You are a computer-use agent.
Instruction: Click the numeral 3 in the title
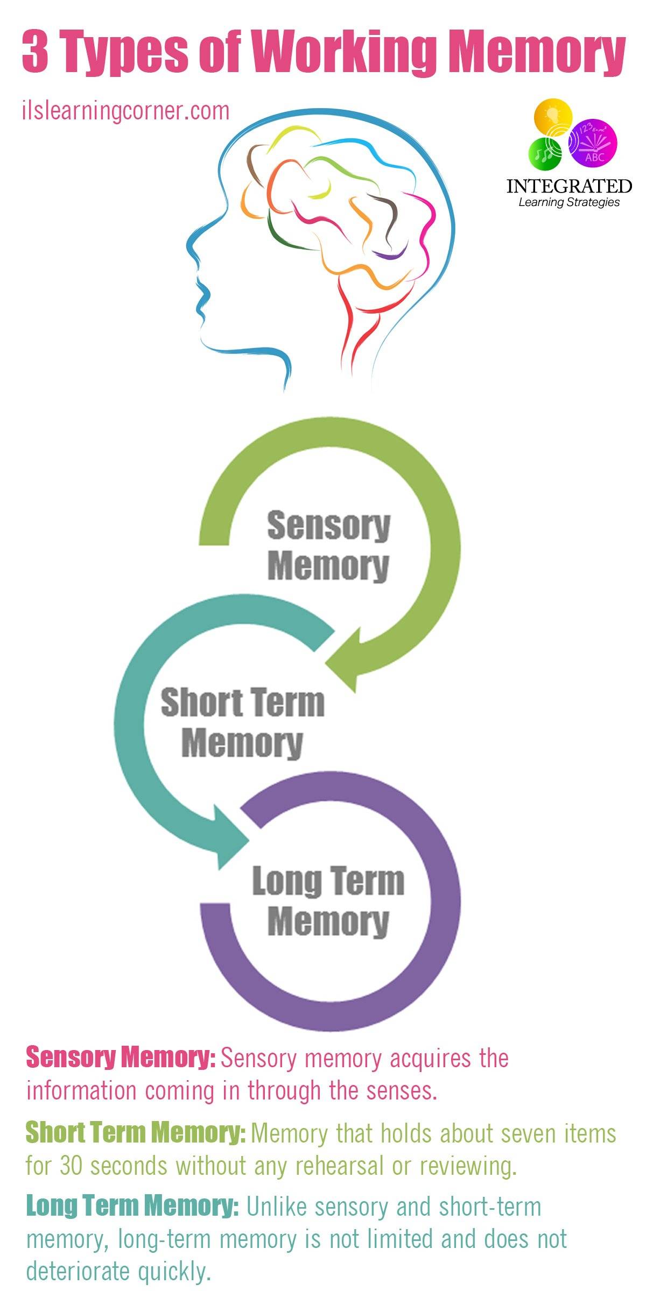(x=36, y=52)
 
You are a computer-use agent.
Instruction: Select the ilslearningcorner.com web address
(x=126, y=111)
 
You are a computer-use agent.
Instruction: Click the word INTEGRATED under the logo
(x=569, y=187)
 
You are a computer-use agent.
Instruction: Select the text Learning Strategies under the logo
(x=569, y=203)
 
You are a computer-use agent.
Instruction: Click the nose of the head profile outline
(x=189, y=245)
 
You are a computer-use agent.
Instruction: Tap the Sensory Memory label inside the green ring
(x=328, y=545)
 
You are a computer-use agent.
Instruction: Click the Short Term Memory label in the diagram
(x=243, y=722)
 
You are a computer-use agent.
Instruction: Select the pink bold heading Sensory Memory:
(x=121, y=1057)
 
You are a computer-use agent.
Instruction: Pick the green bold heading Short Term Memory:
(x=136, y=1133)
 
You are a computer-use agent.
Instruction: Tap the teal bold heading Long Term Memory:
(x=132, y=1207)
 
